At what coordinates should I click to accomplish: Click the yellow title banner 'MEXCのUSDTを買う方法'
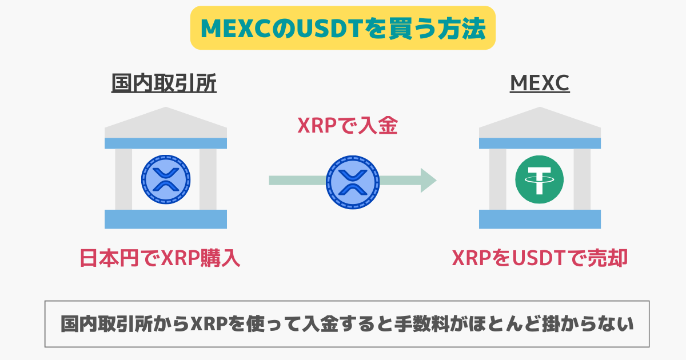tap(342, 28)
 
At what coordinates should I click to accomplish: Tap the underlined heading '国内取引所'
tap(164, 83)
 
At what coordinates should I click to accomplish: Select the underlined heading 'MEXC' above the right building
tap(540, 83)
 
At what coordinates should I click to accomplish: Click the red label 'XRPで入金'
tap(348, 126)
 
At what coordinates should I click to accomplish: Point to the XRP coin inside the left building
tap(166, 179)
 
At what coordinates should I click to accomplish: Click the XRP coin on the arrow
tap(353, 182)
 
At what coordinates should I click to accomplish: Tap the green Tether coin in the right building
tap(539, 179)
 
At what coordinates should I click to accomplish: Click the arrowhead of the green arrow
tap(428, 181)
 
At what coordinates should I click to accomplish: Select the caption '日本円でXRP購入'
tap(160, 258)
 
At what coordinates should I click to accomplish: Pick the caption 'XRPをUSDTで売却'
tap(540, 258)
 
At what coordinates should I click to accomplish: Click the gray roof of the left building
tap(166, 122)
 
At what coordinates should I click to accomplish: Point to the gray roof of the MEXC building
tap(540, 122)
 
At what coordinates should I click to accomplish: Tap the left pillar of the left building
tap(123, 179)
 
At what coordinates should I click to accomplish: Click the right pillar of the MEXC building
tap(582, 179)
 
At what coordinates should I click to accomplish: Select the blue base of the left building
tap(166, 219)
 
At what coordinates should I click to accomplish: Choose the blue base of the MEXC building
tap(540, 219)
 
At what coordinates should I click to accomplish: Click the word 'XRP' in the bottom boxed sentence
tap(209, 324)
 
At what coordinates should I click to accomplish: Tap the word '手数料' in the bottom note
tap(422, 324)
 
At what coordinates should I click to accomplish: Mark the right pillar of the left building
tap(208, 179)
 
